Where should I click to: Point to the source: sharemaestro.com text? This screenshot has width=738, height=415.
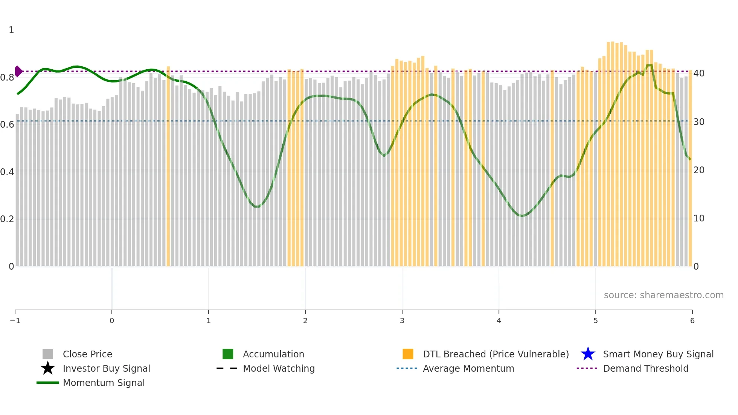(663, 295)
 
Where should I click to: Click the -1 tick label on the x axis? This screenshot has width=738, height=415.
(15, 320)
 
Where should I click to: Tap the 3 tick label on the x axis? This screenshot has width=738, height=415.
(402, 320)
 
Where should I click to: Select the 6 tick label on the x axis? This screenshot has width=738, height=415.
(692, 320)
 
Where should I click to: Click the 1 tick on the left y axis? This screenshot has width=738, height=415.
(11, 30)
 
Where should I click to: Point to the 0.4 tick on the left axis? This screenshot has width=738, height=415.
(7, 172)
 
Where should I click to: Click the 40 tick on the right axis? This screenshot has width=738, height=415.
(699, 73)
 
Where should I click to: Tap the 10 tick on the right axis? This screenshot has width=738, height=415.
(699, 218)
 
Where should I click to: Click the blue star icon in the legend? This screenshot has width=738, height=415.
(588, 354)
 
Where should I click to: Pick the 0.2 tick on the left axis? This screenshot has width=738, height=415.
(7, 219)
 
